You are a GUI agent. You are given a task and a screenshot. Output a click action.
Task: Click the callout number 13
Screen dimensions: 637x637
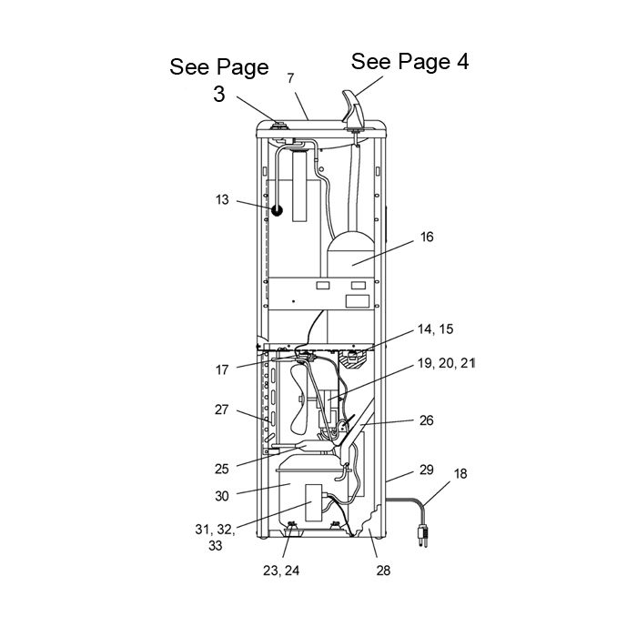click(x=222, y=200)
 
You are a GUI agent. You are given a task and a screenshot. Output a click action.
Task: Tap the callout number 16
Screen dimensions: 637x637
click(x=427, y=237)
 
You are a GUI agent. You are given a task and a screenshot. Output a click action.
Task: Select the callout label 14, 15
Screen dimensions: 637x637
click(x=436, y=329)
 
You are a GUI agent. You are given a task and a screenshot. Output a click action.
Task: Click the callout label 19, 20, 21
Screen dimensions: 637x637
click(x=446, y=363)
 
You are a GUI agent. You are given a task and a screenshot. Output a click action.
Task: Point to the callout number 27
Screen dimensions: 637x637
click(x=222, y=409)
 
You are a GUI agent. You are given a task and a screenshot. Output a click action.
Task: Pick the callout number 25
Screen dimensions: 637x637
click(x=222, y=469)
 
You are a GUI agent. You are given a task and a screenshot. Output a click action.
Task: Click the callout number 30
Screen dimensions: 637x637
click(x=222, y=496)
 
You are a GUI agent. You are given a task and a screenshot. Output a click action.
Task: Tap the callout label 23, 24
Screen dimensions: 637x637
click(x=281, y=571)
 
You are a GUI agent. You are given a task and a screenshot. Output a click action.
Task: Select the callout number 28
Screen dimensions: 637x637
click(x=383, y=571)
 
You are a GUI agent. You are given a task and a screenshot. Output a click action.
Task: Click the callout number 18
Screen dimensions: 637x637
click(x=460, y=474)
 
